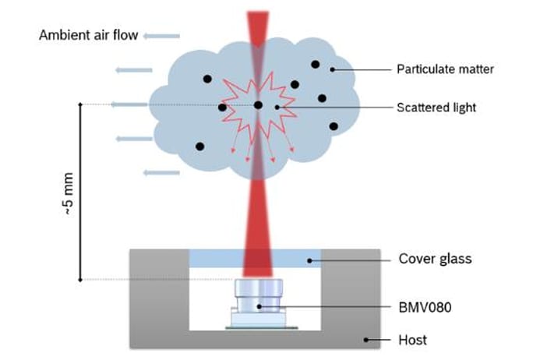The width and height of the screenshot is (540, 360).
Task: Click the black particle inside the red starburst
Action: click(x=258, y=105)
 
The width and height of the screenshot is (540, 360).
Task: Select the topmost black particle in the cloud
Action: click(x=315, y=64)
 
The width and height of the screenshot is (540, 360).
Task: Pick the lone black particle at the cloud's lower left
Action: click(x=200, y=146)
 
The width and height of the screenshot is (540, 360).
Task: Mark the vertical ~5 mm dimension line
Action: click(x=80, y=191)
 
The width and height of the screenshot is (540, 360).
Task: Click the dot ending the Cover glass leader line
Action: click(x=309, y=259)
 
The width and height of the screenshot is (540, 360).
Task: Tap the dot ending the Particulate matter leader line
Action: click(x=333, y=69)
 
